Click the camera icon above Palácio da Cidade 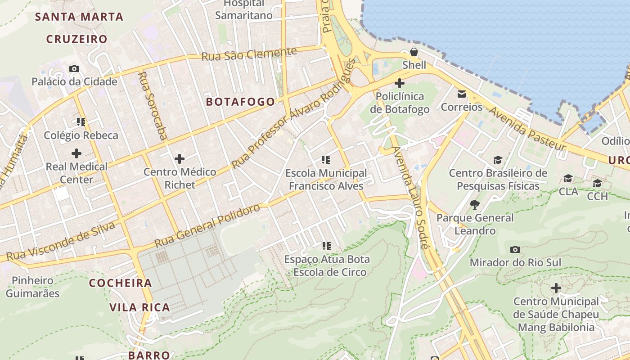coord(74,68)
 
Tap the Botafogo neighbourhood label coord(240,102)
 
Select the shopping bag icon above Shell coord(414,52)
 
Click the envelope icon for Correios coord(462,94)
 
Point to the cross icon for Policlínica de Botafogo coord(399,83)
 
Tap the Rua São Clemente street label coord(249,54)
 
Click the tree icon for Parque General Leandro coord(474,205)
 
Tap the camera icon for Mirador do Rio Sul coord(515,249)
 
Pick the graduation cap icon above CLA coord(568,179)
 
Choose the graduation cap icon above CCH coord(597,184)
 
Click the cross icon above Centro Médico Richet coord(180,158)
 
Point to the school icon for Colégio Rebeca coord(81,121)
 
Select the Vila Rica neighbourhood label coord(140,308)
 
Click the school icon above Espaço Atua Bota coord(327,246)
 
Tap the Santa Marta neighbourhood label coord(79,17)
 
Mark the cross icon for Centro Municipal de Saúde coord(556,288)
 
